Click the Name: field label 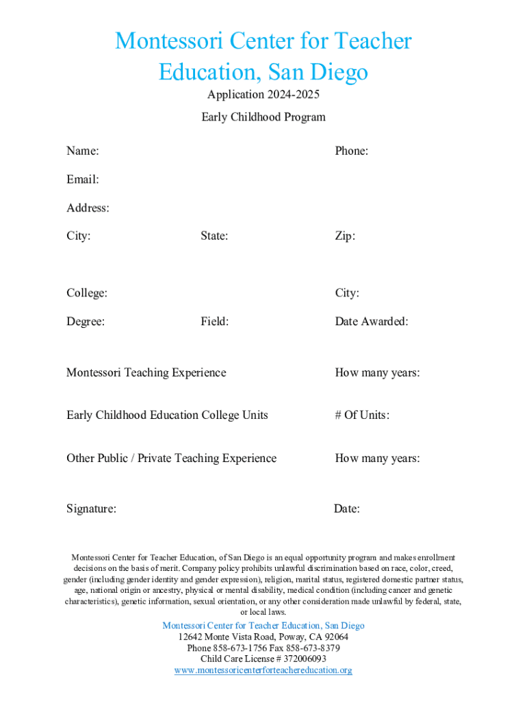82,151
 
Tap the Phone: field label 351,151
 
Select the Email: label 82,179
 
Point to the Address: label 88,207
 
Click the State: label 214,236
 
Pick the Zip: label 345,236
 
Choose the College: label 87,293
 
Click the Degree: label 86,321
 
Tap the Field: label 214,321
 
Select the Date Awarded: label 372,321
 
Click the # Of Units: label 362,415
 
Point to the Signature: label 91,509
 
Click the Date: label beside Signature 347,509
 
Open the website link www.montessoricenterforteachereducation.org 263,670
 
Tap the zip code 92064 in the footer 335,637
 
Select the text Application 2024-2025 263,94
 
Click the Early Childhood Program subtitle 263,117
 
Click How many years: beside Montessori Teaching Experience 377,372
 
